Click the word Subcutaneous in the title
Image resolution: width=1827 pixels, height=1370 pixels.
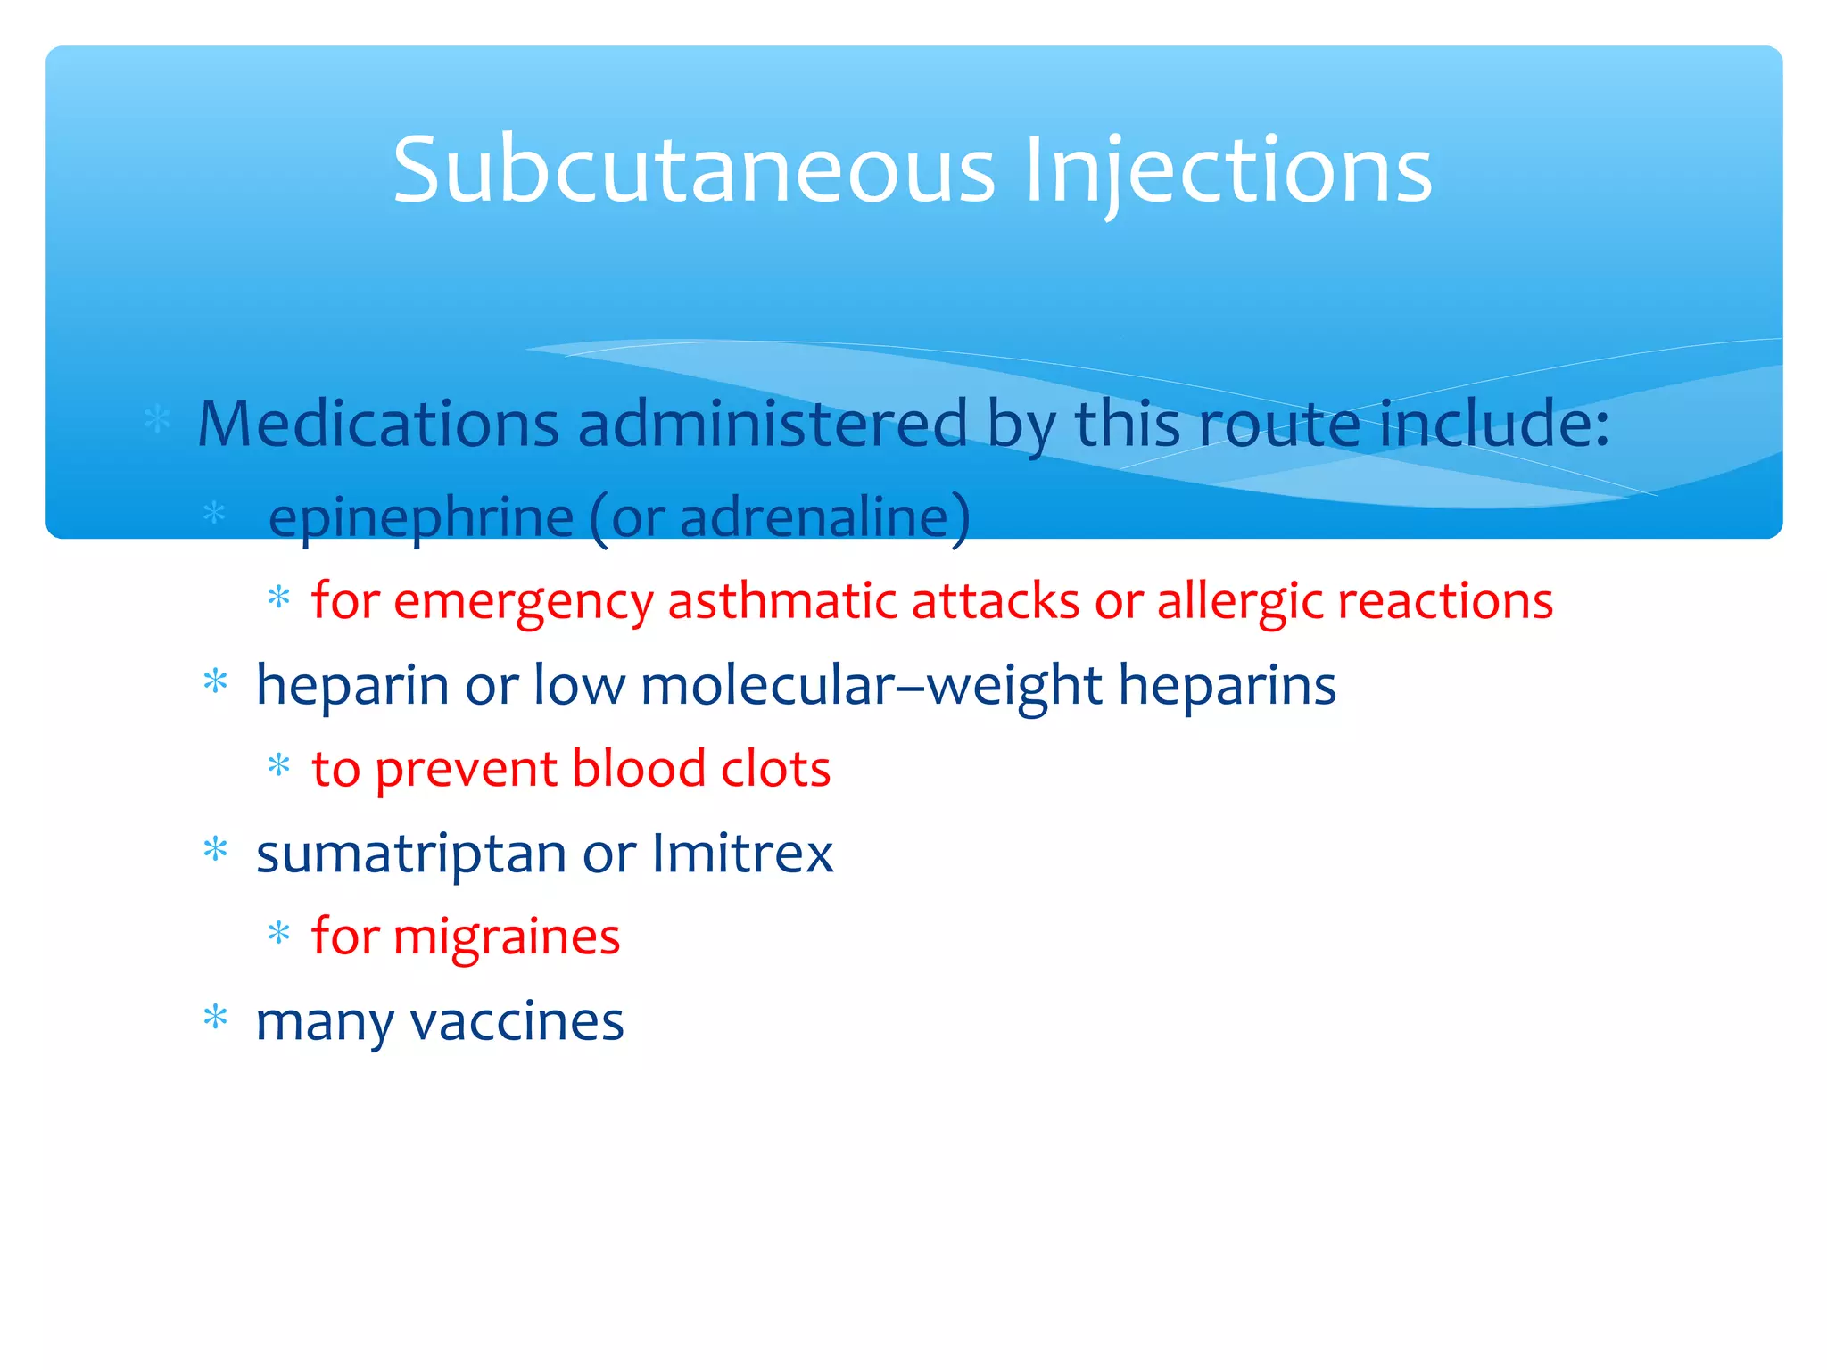click(693, 169)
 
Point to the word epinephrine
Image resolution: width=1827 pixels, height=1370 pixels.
click(421, 517)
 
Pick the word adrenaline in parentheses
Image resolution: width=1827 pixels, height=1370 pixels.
click(814, 517)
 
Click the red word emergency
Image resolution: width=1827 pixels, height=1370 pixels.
click(524, 601)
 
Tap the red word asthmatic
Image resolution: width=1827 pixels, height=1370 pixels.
click(782, 601)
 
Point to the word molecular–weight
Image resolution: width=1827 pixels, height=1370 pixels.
click(872, 685)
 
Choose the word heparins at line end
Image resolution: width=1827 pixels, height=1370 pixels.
click(1227, 685)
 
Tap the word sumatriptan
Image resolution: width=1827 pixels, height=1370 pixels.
click(411, 854)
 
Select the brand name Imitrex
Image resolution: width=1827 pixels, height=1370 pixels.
click(742, 854)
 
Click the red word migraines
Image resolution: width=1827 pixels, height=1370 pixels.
click(506, 937)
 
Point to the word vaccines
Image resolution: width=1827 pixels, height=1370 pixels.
click(517, 1021)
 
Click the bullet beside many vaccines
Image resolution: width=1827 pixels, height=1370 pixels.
click(216, 1017)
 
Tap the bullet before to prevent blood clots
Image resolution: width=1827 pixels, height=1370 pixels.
click(279, 765)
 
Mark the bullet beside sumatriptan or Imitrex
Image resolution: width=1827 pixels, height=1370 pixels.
click(216, 849)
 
